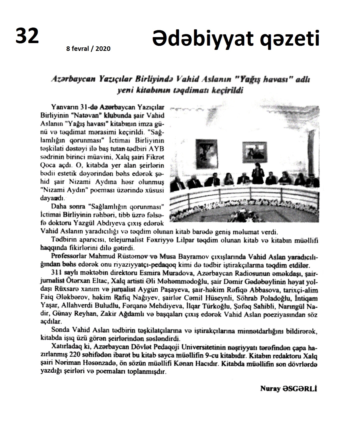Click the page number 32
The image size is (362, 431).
tap(27, 36)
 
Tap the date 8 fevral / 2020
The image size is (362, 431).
tap(88, 49)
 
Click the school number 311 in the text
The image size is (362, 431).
tap(57, 273)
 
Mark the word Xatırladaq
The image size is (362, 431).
tap(64, 348)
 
